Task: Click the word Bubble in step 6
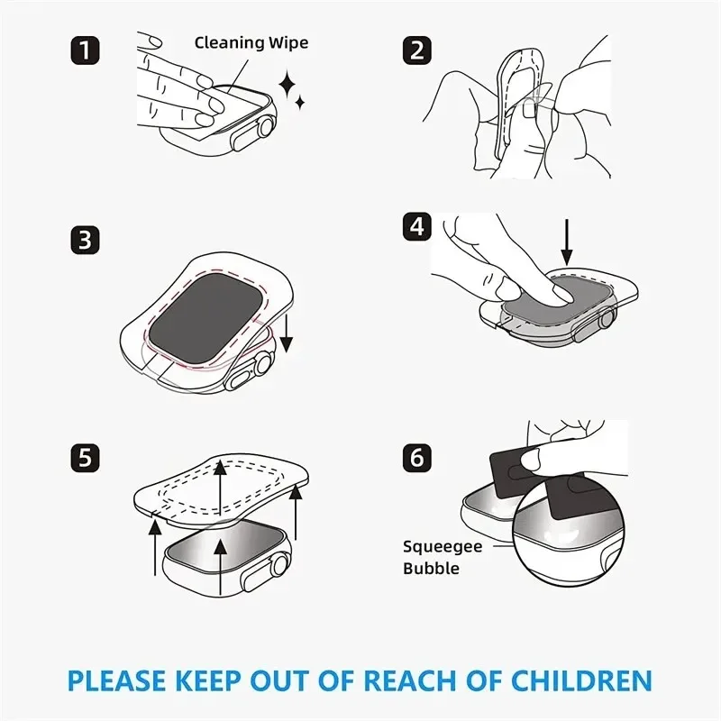tap(432, 569)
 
